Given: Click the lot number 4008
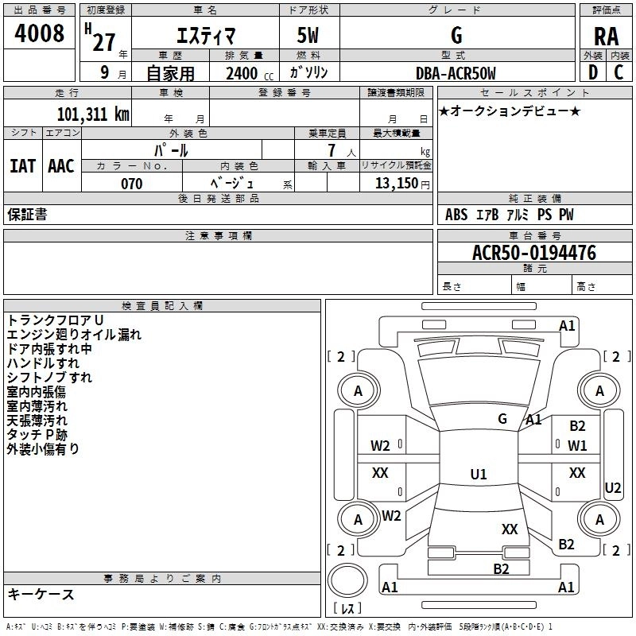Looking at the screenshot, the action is tap(39, 33).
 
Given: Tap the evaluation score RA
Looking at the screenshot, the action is tap(606, 37).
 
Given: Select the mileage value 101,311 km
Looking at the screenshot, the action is tap(93, 114).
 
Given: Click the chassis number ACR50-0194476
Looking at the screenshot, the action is tap(534, 253).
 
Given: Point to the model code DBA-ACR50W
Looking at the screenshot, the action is tap(456, 73).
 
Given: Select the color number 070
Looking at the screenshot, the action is tap(132, 184).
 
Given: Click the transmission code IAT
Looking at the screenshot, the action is tap(23, 166).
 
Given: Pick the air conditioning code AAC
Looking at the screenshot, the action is tap(61, 166).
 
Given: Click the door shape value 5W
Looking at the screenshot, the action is tap(308, 35).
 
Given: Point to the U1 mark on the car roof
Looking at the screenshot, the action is tap(479, 474).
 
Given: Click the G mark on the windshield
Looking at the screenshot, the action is tap(502, 419).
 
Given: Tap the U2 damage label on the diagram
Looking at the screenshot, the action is tap(612, 488).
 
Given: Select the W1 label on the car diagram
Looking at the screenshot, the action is tap(577, 446).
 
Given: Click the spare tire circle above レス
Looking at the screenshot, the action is tap(347, 580).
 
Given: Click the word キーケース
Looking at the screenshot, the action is tap(41, 594).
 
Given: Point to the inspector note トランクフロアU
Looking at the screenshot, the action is tap(56, 320).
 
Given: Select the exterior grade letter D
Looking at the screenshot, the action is tap(593, 72).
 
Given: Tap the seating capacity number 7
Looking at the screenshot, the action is tap(332, 150).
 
